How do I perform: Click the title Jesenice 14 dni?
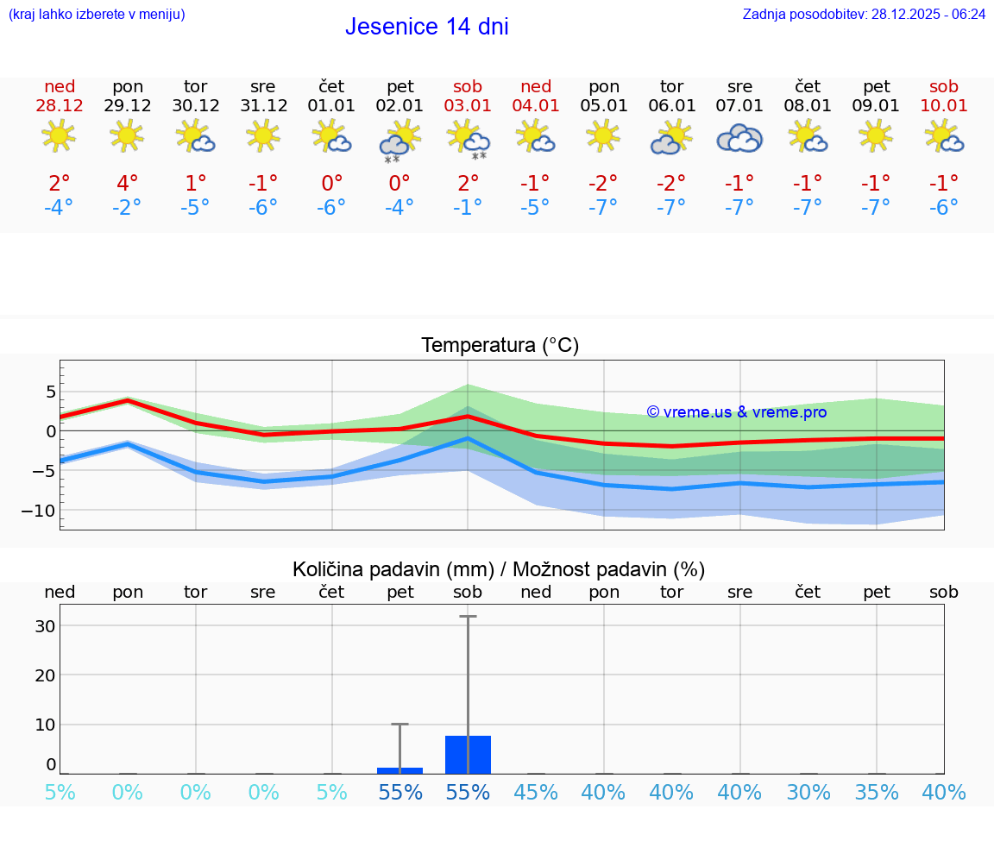[x=426, y=27]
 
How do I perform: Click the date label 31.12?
[x=263, y=106]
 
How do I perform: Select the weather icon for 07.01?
[x=739, y=138]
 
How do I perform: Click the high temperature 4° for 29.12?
[x=127, y=183]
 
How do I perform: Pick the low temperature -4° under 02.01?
[x=399, y=208]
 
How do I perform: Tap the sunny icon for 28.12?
[x=59, y=135]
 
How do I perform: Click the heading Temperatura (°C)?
[x=500, y=346]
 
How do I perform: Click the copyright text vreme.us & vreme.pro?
[x=736, y=412]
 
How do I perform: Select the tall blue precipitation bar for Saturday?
[x=468, y=755]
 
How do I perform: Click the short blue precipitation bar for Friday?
[x=399, y=770]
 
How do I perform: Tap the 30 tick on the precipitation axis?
[x=45, y=626]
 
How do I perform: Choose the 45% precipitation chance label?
[x=536, y=792]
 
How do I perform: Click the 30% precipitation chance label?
[x=808, y=792]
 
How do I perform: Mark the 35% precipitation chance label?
[x=876, y=792]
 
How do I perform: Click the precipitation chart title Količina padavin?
[x=393, y=569]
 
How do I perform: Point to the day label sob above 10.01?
[x=943, y=86]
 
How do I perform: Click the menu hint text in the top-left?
[x=96, y=15]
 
